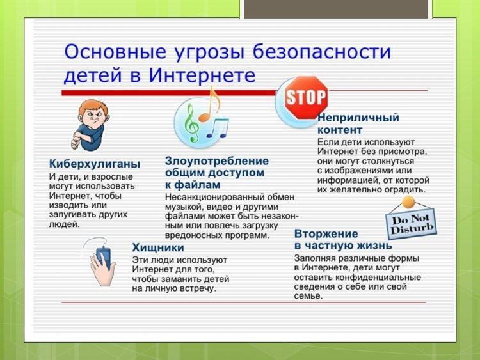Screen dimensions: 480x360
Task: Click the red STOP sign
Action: [x=306, y=98]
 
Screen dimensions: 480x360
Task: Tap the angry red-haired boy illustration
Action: [x=90, y=125]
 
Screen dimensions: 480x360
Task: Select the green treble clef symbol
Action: [x=191, y=122]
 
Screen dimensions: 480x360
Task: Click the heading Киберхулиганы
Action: [x=95, y=164]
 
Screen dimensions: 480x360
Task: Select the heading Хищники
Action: [x=158, y=247]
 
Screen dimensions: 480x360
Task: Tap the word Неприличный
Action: [x=358, y=118]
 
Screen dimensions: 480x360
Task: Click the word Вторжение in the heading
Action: [x=326, y=233]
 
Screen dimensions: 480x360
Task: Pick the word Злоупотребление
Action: [x=217, y=161]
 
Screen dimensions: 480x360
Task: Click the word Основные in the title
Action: [x=115, y=51]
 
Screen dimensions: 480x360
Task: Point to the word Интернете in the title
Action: [x=202, y=75]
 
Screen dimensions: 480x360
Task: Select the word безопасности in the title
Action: [x=322, y=51]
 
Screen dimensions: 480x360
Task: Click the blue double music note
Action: [x=218, y=129]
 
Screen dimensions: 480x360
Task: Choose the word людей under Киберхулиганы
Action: [x=64, y=224]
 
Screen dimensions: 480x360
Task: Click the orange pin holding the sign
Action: [x=408, y=202]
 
